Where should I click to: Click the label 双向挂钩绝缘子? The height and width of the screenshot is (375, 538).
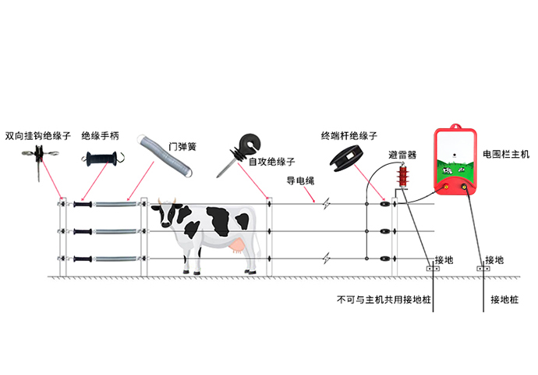pyautogui.click(x=37, y=136)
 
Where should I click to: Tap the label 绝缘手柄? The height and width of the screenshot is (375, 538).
pyautogui.click(x=100, y=136)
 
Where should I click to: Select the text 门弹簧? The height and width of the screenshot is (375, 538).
pyautogui.click(x=182, y=147)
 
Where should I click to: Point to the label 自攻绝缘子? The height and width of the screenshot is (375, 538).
pyautogui.click(x=272, y=162)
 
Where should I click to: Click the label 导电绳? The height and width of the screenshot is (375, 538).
pyautogui.click(x=300, y=180)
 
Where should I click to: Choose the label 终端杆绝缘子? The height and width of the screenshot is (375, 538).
pyautogui.click(x=349, y=136)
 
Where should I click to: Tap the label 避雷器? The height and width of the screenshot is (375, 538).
pyautogui.click(x=402, y=155)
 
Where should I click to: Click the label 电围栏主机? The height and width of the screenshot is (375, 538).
pyautogui.click(x=506, y=155)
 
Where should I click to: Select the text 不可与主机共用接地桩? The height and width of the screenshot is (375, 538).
pyautogui.click(x=384, y=300)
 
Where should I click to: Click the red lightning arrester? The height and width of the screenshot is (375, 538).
pyautogui.click(x=403, y=177)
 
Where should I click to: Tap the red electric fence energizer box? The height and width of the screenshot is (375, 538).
pyautogui.click(x=455, y=160)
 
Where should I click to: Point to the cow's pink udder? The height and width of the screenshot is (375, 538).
pyautogui.click(x=238, y=246)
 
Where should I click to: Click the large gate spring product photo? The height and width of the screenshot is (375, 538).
pyautogui.click(x=165, y=155)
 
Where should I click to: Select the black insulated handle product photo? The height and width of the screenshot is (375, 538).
pyautogui.click(x=103, y=159)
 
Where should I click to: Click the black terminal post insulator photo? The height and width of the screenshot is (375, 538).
pyautogui.click(x=346, y=158)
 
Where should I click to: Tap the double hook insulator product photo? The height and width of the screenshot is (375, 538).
pyautogui.click(x=40, y=159)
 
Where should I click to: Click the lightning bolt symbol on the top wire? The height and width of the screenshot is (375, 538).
pyautogui.click(x=326, y=204)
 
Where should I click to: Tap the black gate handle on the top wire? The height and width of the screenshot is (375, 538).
pyautogui.click(x=83, y=205)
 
